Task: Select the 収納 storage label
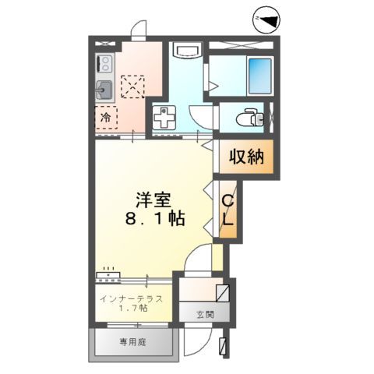[x=245, y=157]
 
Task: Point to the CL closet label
[x=228, y=212]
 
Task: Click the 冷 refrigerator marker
[x=104, y=118]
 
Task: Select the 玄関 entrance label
[x=204, y=316]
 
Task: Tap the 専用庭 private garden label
[x=133, y=340]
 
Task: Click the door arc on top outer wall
[x=139, y=30]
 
